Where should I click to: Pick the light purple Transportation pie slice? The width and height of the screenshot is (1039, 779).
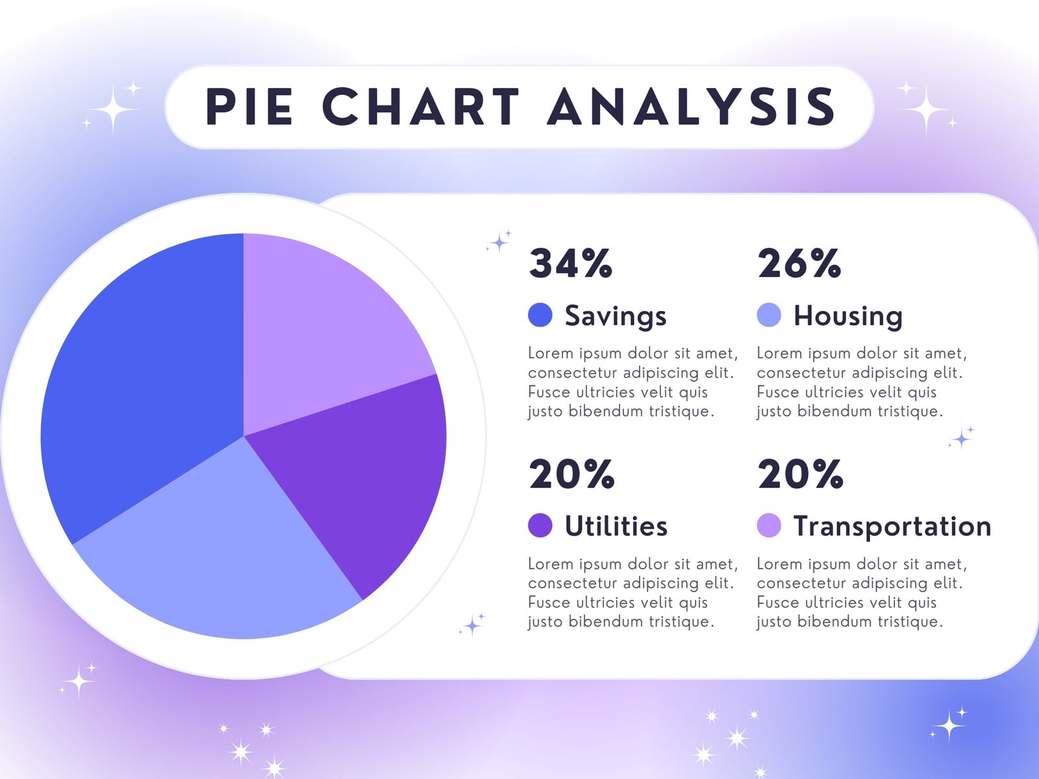coord(322,331)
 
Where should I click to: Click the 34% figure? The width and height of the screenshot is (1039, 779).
coord(570,264)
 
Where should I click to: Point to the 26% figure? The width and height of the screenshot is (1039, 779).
coord(799,264)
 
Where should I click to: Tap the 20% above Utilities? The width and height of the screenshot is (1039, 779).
coord(571,474)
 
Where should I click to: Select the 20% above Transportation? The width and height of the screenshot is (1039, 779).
coord(800,474)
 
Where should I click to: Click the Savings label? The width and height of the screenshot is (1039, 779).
coord(616,316)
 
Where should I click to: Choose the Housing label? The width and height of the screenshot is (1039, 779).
coord(848,316)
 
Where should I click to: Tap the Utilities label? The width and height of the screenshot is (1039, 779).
coord(616,525)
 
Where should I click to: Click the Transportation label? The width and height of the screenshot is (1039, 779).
coord(892,526)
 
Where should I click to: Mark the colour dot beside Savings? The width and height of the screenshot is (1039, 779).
coord(540,315)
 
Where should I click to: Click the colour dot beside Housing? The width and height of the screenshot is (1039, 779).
coord(769,315)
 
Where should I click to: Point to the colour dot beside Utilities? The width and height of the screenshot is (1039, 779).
coord(540,525)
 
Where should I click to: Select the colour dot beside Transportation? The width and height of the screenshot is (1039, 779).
coord(769,525)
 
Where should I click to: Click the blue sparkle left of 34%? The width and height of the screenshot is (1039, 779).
coord(499,242)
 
